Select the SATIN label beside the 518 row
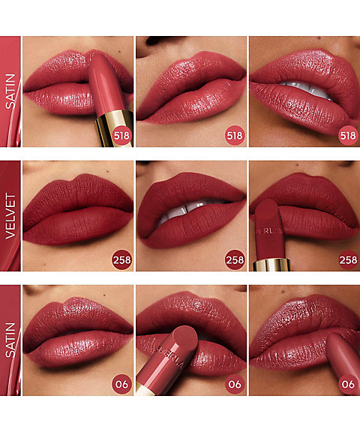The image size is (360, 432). [x=10, y=91]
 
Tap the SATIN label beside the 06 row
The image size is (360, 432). [x=10, y=339]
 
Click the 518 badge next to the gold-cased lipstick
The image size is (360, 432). [x=121, y=135]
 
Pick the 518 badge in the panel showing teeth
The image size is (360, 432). [x=346, y=135]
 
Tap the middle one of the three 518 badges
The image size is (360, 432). [x=234, y=135]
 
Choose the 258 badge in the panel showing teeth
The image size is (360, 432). [x=234, y=259]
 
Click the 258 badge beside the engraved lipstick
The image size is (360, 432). [x=346, y=259]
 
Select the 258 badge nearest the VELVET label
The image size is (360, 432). [x=121, y=259]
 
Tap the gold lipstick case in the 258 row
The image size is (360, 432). [x=271, y=263]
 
